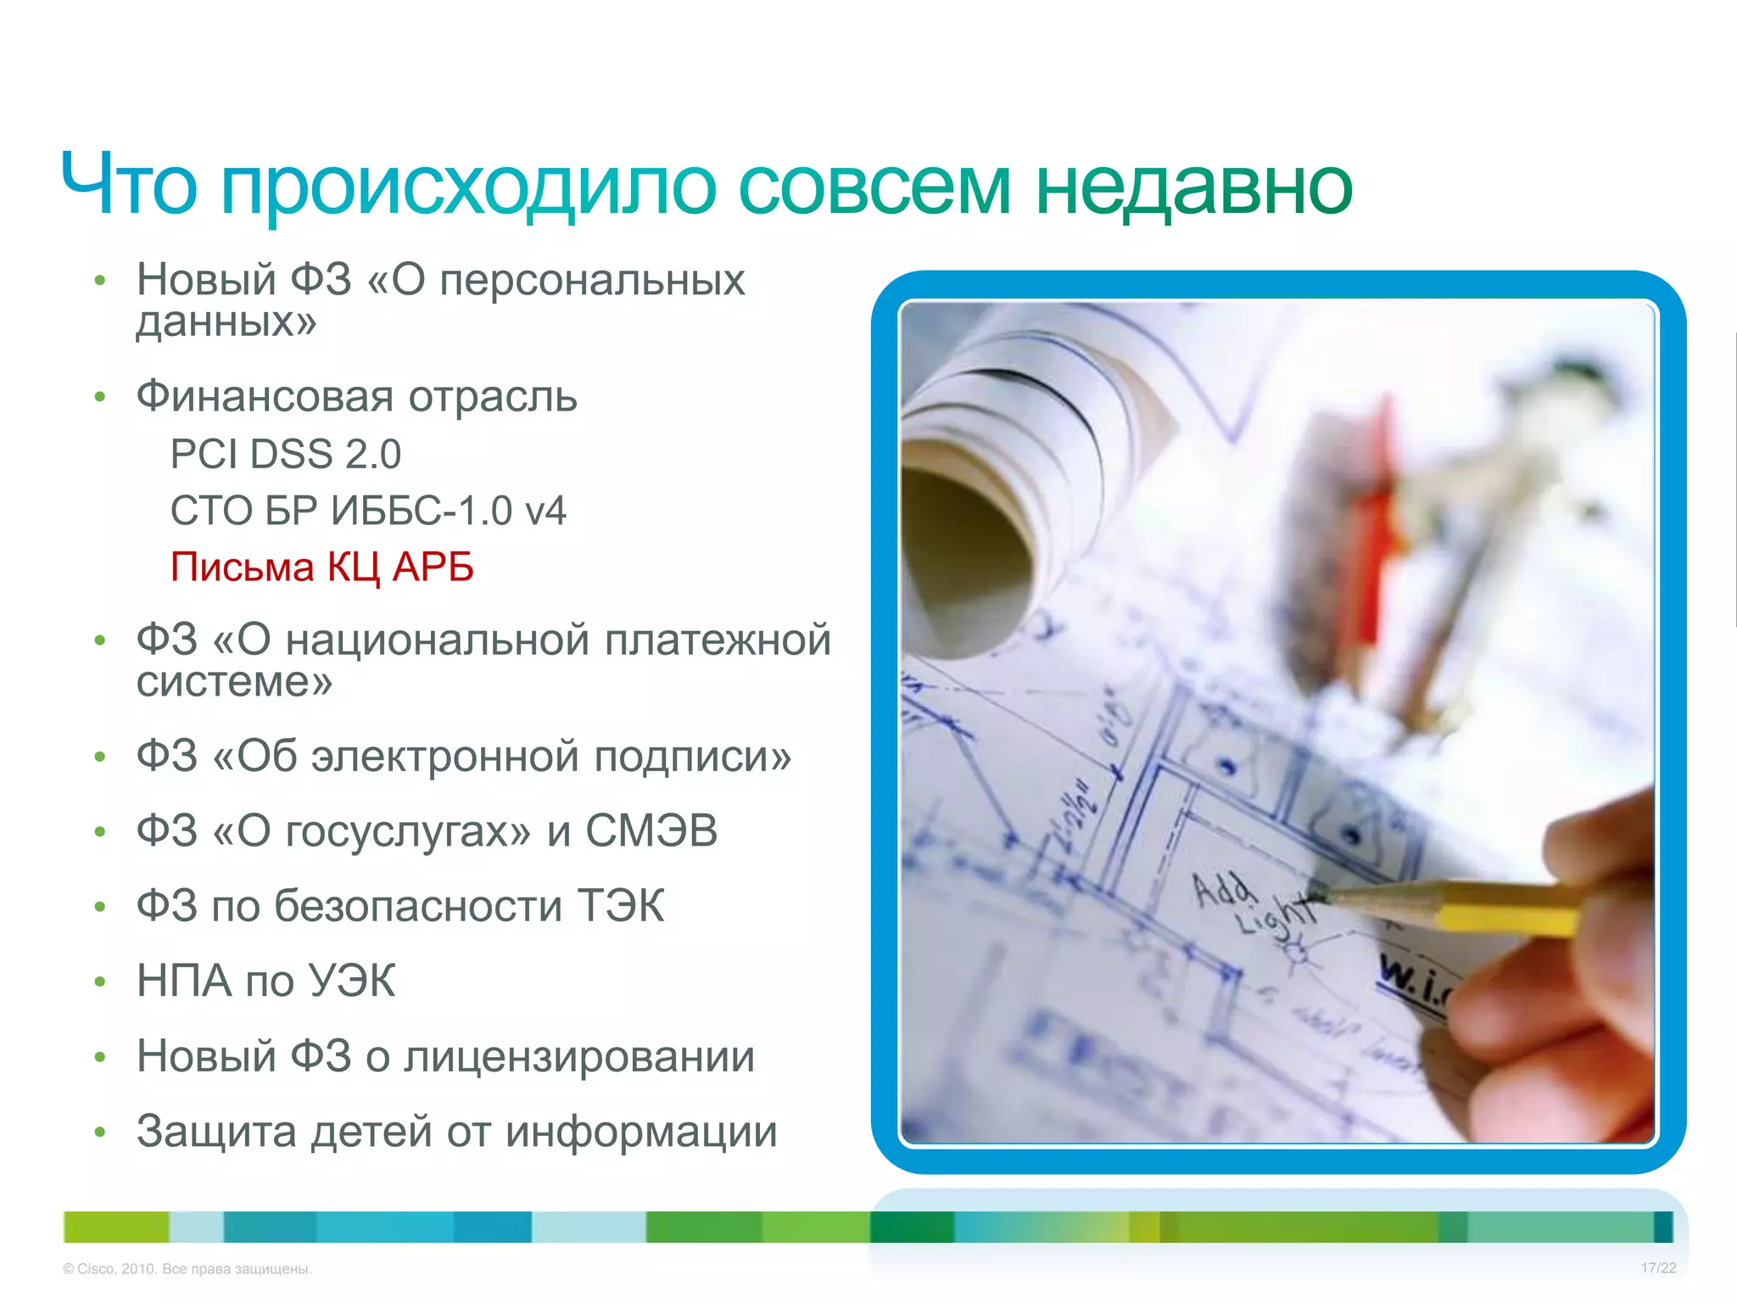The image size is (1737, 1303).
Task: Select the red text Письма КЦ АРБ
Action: (x=321, y=567)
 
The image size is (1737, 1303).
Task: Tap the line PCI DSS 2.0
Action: (x=285, y=454)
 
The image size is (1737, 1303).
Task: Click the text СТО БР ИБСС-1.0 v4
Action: (x=368, y=511)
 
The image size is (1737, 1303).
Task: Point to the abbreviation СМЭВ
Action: (x=651, y=830)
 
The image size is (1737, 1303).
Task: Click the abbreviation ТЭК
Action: (x=621, y=905)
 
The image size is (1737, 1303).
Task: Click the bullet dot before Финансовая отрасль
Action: (x=100, y=397)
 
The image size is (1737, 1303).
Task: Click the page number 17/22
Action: (x=1658, y=1268)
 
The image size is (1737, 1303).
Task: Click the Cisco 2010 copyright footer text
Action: (x=187, y=1269)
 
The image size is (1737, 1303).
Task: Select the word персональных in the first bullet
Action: (x=592, y=280)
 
